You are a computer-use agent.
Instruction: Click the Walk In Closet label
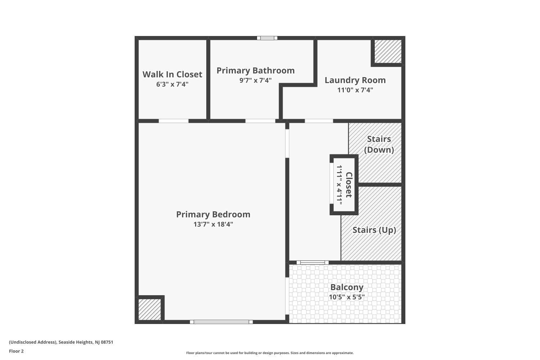[x=172, y=75]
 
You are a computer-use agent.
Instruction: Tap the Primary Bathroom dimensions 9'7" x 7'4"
[x=256, y=80]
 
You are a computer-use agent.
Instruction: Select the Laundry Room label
[x=355, y=80]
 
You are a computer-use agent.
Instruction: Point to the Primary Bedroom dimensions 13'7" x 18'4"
[x=213, y=224]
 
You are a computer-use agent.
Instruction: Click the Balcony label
[x=347, y=287]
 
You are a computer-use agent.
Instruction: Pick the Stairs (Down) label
[x=379, y=144]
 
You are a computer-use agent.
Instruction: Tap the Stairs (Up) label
[x=374, y=230]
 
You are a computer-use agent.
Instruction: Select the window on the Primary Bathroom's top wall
[x=267, y=38]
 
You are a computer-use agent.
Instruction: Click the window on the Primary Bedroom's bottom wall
[x=221, y=322]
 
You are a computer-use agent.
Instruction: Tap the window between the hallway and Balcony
[x=312, y=262]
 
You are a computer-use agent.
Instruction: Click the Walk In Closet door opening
[x=173, y=121]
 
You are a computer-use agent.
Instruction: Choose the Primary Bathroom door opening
[x=260, y=121]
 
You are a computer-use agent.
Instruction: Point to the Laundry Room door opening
[x=319, y=121]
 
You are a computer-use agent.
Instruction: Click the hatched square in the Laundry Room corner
[x=388, y=51]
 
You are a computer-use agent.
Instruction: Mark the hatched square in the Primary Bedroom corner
[x=149, y=310]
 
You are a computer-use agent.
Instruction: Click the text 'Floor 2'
[x=17, y=351]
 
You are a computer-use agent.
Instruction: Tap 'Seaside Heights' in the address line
[x=76, y=342]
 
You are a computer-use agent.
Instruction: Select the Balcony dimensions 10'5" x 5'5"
[x=347, y=297]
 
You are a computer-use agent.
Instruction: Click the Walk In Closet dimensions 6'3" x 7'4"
[x=172, y=84]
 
